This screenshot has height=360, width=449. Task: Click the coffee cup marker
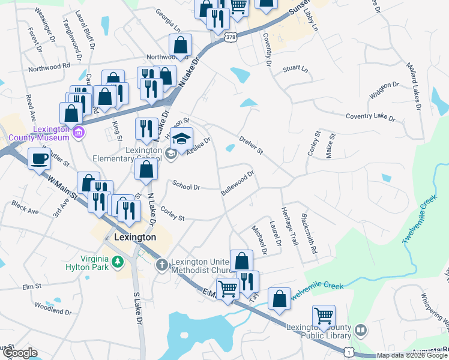[40, 159]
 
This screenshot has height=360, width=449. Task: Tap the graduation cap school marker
[181, 139]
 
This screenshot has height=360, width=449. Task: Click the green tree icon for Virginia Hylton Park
[119, 261]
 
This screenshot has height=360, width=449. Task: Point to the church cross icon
[161, 265]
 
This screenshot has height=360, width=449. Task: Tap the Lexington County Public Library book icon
[361, 330]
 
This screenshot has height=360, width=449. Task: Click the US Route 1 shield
[348, 350]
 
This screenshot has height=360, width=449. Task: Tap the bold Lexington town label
[135, 237]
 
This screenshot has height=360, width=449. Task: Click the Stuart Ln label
[295, 69]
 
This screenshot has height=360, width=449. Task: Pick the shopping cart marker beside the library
[324, 315]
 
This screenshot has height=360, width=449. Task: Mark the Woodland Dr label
[53, 312]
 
